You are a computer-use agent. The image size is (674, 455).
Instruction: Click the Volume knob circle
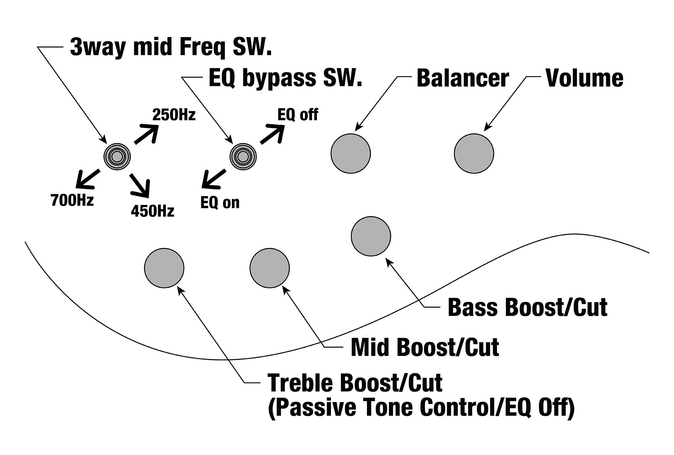[x=474, y=153]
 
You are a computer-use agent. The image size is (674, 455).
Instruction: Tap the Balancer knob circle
[x=350, y=153]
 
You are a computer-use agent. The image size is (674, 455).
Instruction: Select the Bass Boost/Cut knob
[x=371, y=236]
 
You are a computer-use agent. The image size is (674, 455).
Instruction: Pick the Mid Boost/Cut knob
[x=270, y=268]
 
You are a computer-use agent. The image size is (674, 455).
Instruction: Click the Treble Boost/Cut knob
[x=164, y=268]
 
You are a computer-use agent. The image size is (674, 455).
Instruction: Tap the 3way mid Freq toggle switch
[x=117, y=156]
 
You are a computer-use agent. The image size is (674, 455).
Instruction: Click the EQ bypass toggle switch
[x=243, y=156]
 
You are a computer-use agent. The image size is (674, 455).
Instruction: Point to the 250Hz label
[x=174, y=115]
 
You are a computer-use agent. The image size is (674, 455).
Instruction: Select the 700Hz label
[x=72, y=200]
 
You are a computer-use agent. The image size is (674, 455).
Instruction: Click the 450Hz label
[x=153, y=211]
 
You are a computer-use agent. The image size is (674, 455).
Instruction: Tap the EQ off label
[x=298, y=115]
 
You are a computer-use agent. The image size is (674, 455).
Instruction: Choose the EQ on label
[x=220, y=203]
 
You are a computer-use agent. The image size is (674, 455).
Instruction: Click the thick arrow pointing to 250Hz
[x=146, y=133]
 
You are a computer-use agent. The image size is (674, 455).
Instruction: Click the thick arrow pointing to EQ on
[x=213, y=179]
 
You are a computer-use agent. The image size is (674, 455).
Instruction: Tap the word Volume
[x=584, y=78]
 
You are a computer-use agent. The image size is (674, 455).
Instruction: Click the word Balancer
[x=463, y=78]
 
